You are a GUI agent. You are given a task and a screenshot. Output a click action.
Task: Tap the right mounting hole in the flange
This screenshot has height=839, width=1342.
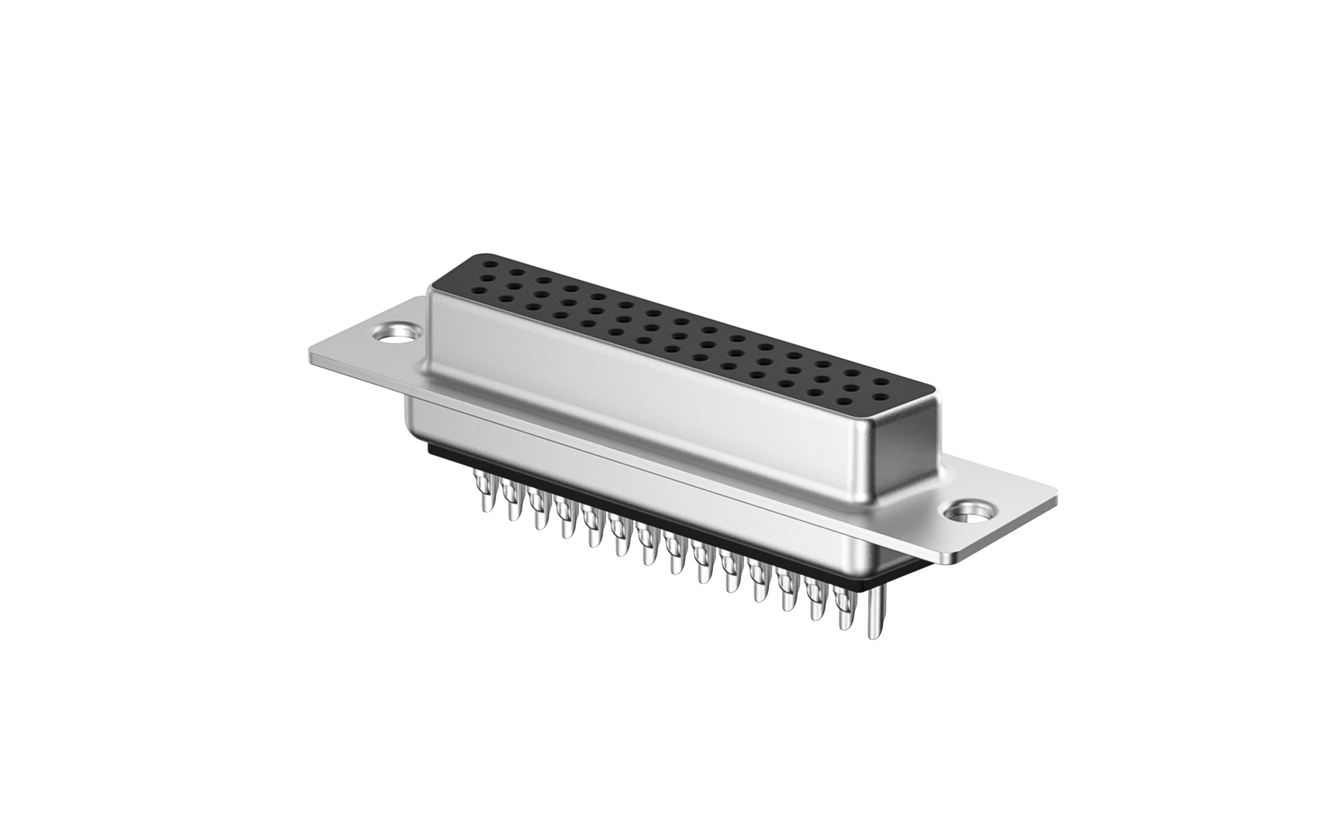coord(972,510)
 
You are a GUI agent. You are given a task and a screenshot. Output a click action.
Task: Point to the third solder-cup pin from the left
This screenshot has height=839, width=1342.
coord(537,510)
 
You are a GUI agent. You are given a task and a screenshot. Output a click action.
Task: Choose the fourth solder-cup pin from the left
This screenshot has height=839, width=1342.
coord(565,521)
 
